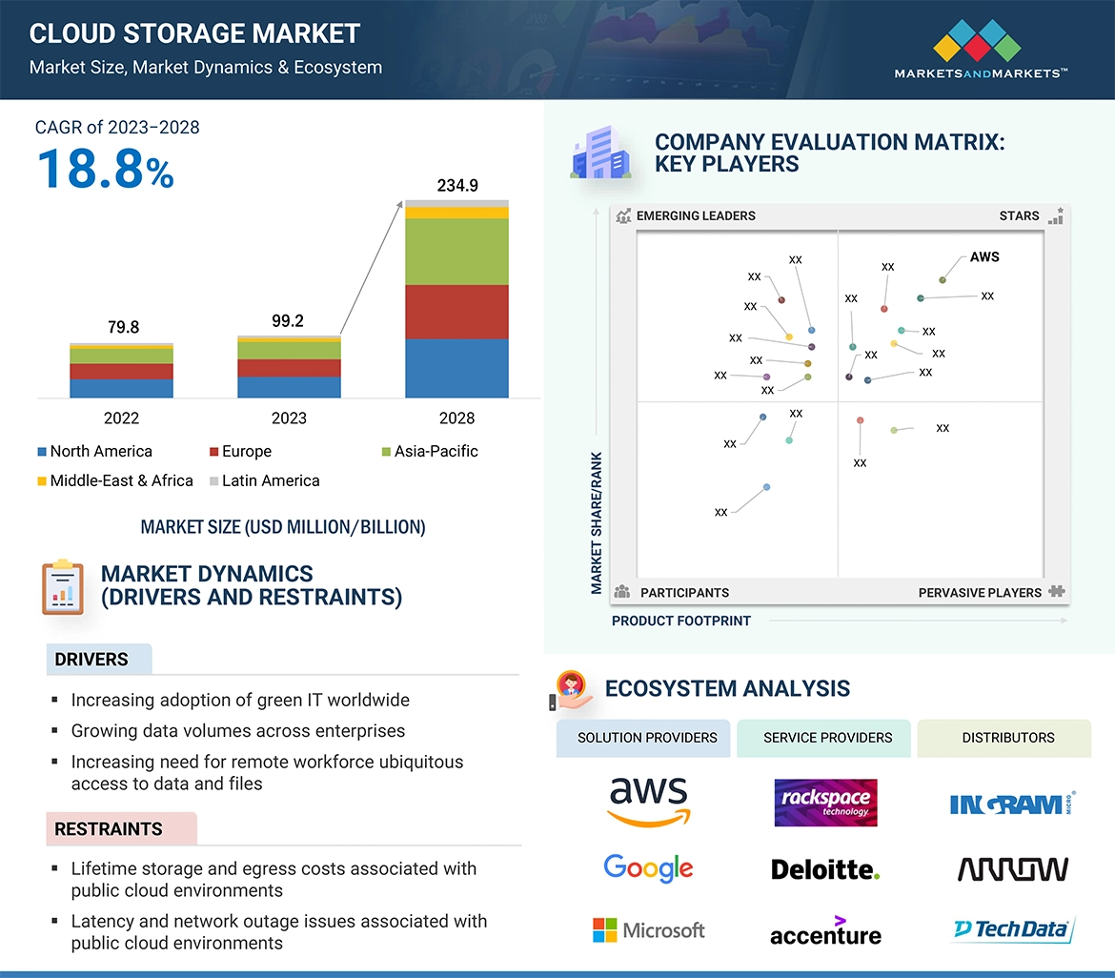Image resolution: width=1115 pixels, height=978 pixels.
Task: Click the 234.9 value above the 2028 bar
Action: (x=457, y=186)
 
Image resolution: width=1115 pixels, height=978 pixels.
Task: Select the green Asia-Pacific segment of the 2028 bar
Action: (x=456, y=252)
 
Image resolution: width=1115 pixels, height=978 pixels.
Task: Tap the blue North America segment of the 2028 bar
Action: (x=456, y=368)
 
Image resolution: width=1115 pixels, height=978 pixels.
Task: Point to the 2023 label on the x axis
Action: (x=289, y=418)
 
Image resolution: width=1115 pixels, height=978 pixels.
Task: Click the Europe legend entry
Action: (x=246, y=452)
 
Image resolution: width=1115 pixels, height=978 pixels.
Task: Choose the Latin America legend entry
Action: (x=270, y=481)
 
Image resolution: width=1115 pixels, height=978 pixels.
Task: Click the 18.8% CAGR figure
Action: (x=105, y=168)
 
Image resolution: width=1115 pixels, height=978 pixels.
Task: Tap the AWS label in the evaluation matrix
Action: (x=984, y=257)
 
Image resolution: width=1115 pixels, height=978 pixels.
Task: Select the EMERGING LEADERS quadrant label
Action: (x=696, y=216)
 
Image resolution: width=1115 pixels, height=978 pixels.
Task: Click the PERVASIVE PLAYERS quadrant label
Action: (x=980, y=593)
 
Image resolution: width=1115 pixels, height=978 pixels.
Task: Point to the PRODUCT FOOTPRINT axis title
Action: (x=681, y=621)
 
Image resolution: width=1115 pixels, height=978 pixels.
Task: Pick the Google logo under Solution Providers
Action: (x=648, y=867)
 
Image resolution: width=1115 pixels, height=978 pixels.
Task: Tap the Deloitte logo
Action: (x=825, y=869)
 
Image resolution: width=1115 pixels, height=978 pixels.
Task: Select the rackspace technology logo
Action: (x=825, y=803)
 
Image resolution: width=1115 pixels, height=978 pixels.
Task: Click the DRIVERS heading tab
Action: (x=92, y=660)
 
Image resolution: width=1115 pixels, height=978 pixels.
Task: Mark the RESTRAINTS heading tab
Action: (x=110, y=829)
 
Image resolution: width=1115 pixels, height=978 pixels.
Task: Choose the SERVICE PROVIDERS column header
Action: (x=827, y=738)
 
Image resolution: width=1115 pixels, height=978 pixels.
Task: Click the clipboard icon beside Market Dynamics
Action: (x=63, y=587)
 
